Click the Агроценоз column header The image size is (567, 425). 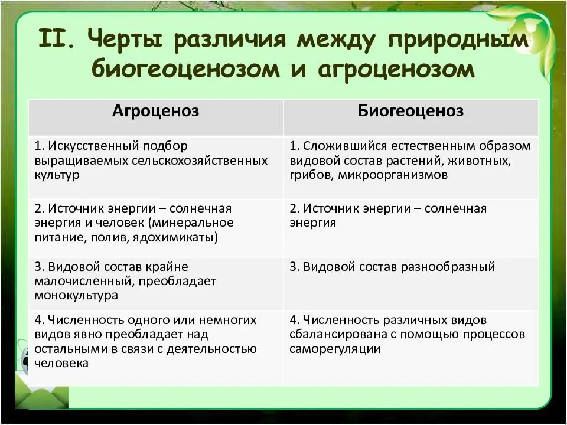tap(156, 111)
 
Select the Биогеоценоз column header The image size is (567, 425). tap(410, 111)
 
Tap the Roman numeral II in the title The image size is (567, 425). tap(56, 41)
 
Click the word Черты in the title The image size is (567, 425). tap(120, 41)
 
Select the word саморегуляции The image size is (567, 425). tap(334, 348)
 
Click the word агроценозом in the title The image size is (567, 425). tap(396, 69)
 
